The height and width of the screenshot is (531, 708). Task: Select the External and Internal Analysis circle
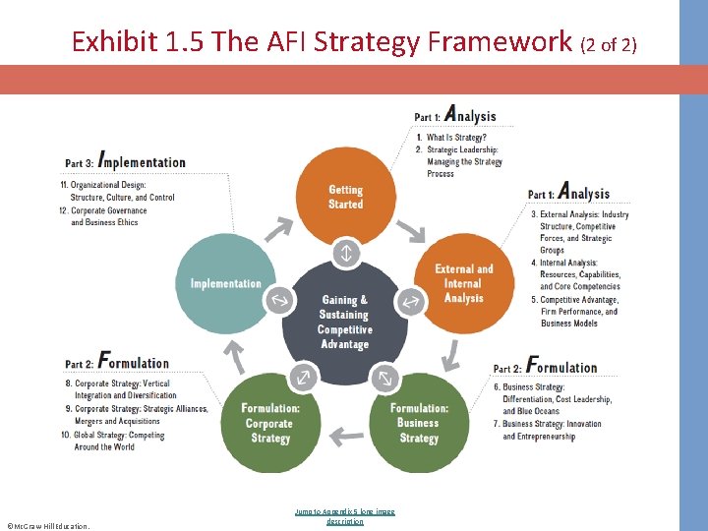click(x=464, y=283)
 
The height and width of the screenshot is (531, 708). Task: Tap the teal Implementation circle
click(x=225, y=283)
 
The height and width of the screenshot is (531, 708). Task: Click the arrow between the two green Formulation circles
click(x=345, y=434)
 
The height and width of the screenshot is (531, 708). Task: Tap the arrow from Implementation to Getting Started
click(x=279, y=229)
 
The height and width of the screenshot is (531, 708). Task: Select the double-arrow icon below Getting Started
click(x=345, y=253)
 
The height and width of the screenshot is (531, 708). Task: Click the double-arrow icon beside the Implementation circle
click(x=280, y=301)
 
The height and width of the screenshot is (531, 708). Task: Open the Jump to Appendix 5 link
click(x=345, y=516)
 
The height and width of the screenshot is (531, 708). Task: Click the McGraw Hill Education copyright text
click(x=47, y=526)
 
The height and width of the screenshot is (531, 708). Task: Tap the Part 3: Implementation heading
click(x=126, y=161)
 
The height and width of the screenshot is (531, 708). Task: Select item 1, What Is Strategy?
click(x=455, y=138)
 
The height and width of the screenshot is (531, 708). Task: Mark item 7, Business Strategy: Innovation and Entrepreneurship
click(x=551, y=431)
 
